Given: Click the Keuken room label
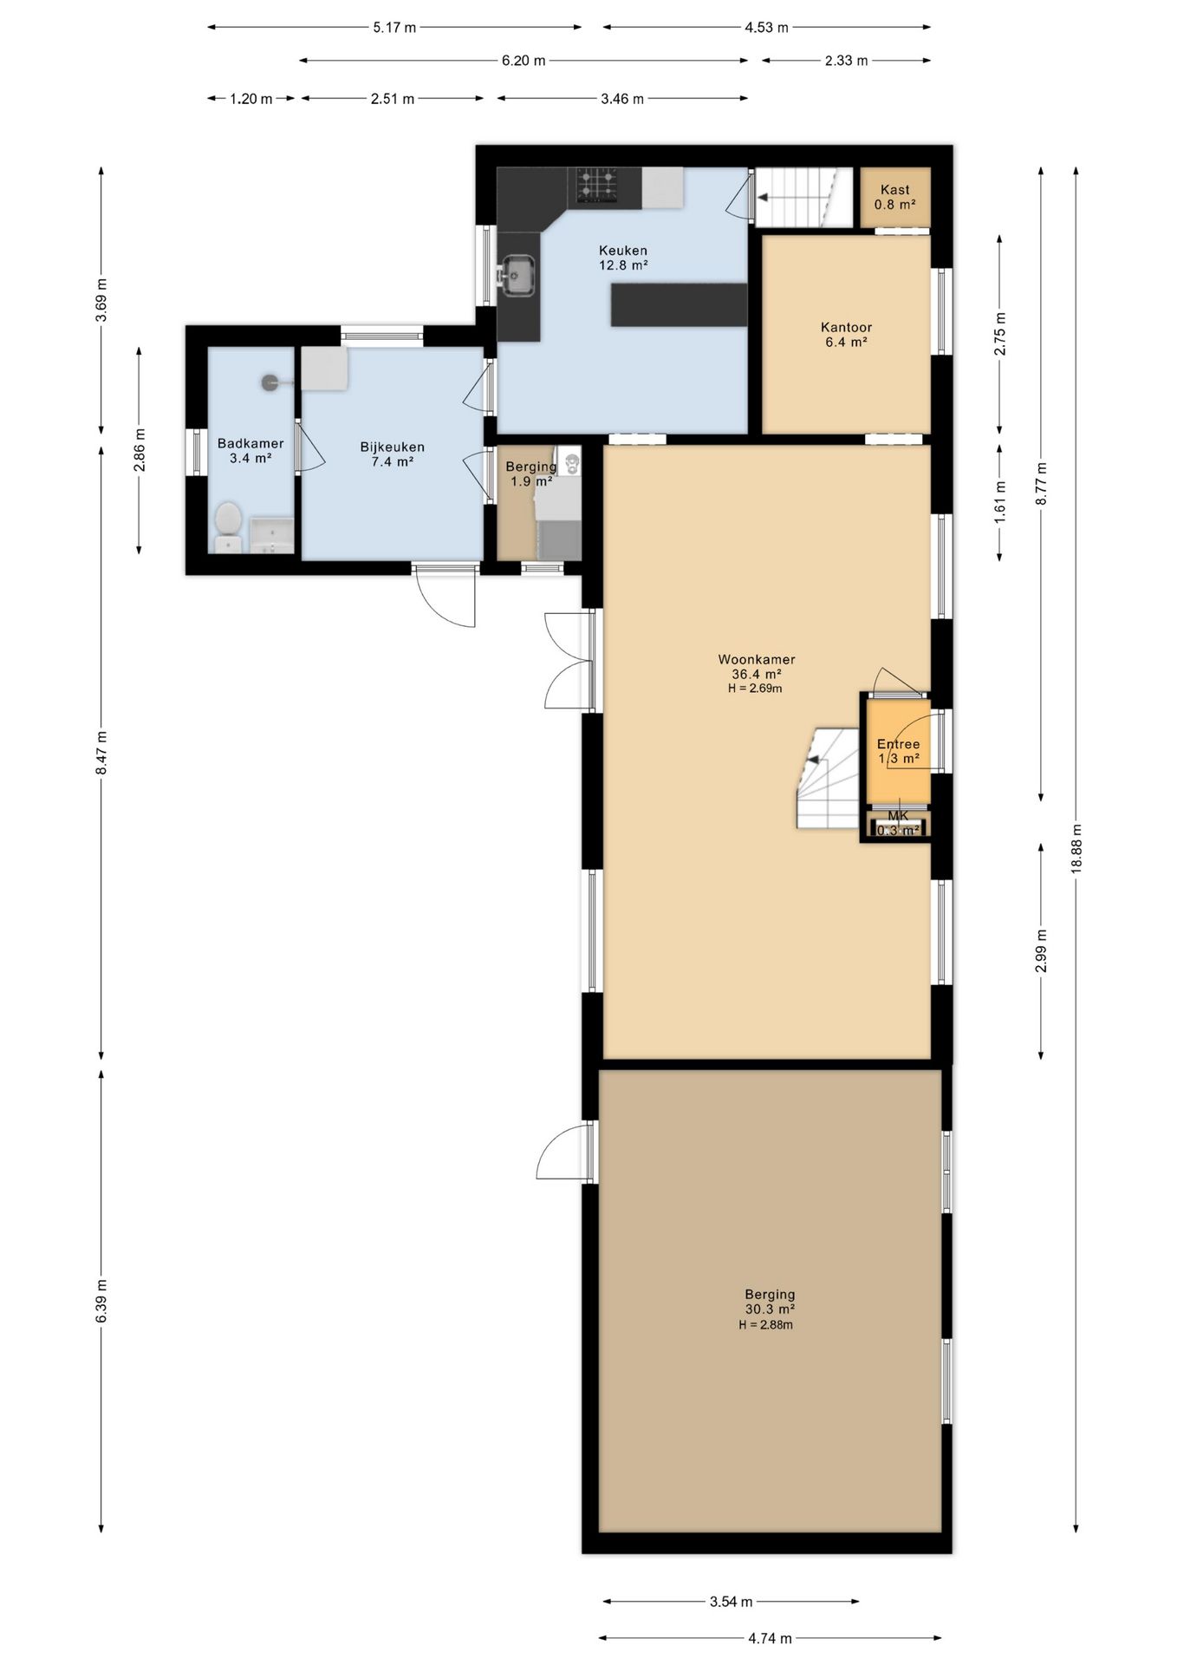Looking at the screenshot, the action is pyautogui.click(x=623, y=251).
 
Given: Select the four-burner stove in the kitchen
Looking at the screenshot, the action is pyautogui.click(x=598, y=186).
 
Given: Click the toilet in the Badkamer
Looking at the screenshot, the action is pyautogui.click(x=228, y=526).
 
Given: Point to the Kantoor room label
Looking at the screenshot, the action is pyautogui.click(x=846, y=327).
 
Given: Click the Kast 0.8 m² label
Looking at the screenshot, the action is pyautogui.click(x=895, y=197).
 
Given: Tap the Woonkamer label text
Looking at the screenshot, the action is pyautogui.click(x=757, y=659).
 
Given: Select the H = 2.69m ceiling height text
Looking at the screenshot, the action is pyautogui.click(x=756, y=689).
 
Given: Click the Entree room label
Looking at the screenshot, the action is pyautogui.click(x=898, y=744).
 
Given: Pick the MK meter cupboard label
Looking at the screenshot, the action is pyautogui.click(x=898, y=816).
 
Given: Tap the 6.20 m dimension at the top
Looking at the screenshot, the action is pyautogui.click(x=523, y=61).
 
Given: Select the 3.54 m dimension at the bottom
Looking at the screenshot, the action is pyautogui.click(x=731, y=1602).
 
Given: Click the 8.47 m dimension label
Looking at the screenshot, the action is pyautogui.click(x=101, y=752).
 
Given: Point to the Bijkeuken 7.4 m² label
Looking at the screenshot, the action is pyautogui.click(x=393, y=454).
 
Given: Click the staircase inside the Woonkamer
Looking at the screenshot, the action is pyautogui.click(x=829, y=779).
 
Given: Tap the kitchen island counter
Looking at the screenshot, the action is pyautogui.click(x=679, y=304).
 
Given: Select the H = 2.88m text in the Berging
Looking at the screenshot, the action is pyautogui.click(x=765, y=1325).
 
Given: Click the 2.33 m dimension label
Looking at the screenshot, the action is pyautogui.click(x=845, y=61).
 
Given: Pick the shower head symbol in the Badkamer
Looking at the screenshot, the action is pyautogui.click(x=271, y=381).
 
